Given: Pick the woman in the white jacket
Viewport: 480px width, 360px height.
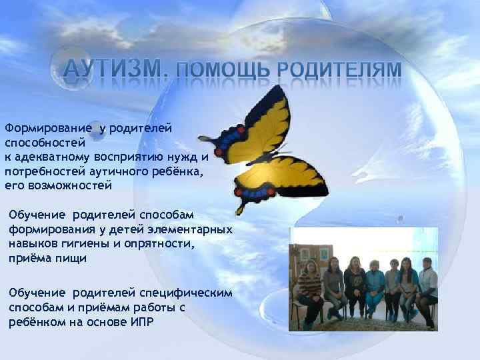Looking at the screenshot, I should coord(427,287).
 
